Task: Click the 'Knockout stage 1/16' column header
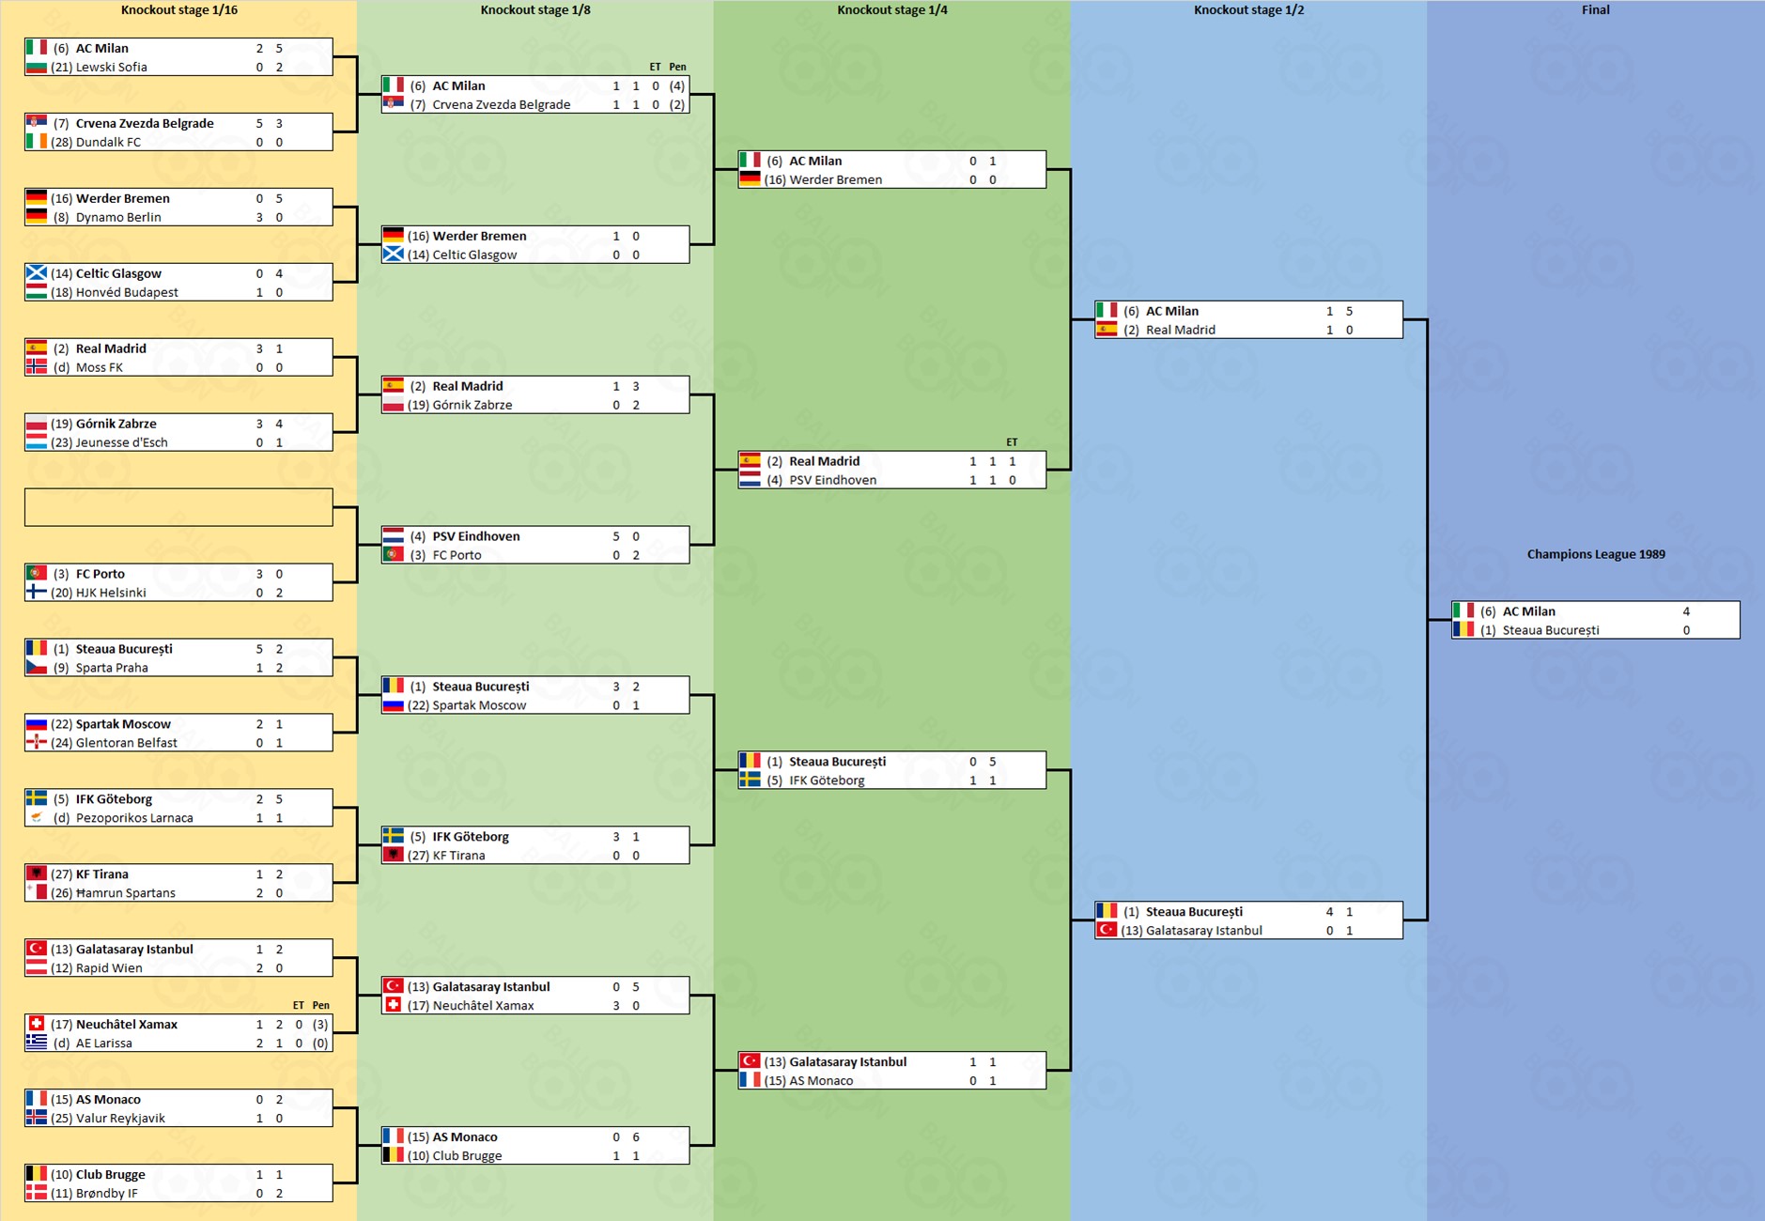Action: pyautogui.click(x=178, y=10)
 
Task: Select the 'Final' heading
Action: pyautogui.click(x=1595, y=10)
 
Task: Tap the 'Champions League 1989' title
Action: pyautogui.click(x=1596, y=554)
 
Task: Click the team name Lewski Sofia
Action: pyautogui.click(x=111, y=67)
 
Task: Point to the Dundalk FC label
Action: pyautogui.click(x=108, y=142)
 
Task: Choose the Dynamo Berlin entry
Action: pyautogui.click(x=118, y=217)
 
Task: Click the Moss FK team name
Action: pyautogui.click(x=99, y=367)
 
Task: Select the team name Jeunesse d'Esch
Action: pyautogui.click(x=121, y=442)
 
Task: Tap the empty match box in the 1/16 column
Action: pyautogui.click(x=178, y=507)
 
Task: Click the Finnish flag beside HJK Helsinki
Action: pyautogui.click(x=36, y=592)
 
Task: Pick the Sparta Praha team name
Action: pyautogui.click(x=112, y=668)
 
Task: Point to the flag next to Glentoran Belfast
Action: pyautogui.click(x=36, y=742)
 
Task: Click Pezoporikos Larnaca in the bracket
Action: pyautogui.click(x=134, y=818)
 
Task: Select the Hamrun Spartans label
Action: pyautogui.click(x=125, y=893)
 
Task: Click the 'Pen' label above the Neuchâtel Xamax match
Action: pyautogui.click(x=320, y=1005)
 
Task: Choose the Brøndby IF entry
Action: pyautogui.click(x=106, y=1194)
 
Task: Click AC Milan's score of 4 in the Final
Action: pyautogui.click(x=1686, y=611)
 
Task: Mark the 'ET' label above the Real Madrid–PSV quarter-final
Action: pyautogui.click(x=1012, y=441)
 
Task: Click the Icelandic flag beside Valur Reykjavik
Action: pyautogui.click(x=36, y=1118)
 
